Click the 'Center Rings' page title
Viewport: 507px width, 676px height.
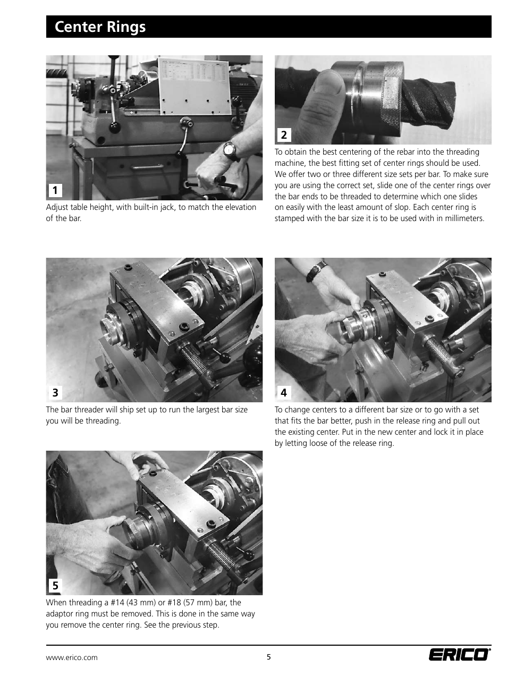point(100,27)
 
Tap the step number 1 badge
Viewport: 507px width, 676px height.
point(55,190)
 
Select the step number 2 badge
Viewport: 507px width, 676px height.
point(283,135)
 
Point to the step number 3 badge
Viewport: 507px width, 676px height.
point(55,393)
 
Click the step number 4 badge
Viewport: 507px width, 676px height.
point(283,393)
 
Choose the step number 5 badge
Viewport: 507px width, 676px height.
point(55,586)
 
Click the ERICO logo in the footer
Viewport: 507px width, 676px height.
point(460,655)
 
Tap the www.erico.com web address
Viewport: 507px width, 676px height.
point(72,657)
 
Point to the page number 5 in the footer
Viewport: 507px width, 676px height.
point(268,657)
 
